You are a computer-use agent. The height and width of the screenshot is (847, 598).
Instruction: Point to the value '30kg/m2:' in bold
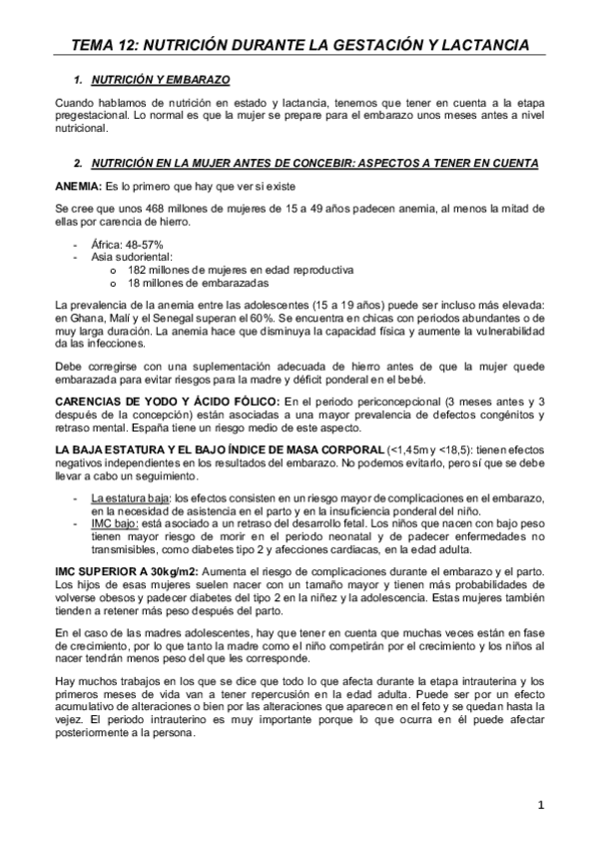pos(174,569)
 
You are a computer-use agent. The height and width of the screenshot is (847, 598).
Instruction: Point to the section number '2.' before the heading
pos(78,162)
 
